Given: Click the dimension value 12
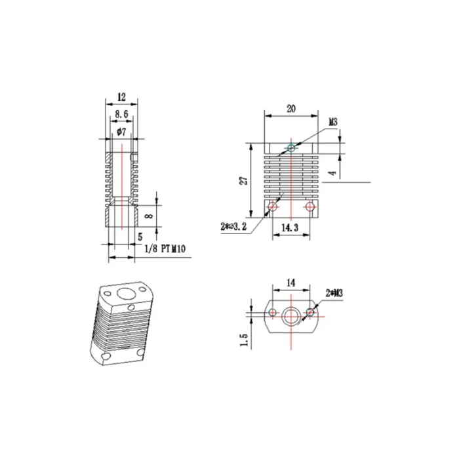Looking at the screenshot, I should click(121, 96).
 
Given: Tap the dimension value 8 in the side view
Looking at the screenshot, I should click(149, 214).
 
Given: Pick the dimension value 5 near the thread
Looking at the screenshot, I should click(140, 237).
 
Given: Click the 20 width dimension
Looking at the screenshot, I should click(290, 109).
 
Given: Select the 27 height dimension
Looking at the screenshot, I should click(243, 180).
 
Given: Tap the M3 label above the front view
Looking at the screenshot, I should click(332, 122).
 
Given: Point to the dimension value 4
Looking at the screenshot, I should click(332, 173).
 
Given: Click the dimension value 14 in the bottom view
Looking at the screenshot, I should click(289, 282).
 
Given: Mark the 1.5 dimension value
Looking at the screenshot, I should click(243, 342).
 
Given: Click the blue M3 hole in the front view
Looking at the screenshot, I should click(291, 149).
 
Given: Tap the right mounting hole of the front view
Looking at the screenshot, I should click(309, 207).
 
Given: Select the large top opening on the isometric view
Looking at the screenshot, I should click(124, 292).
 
